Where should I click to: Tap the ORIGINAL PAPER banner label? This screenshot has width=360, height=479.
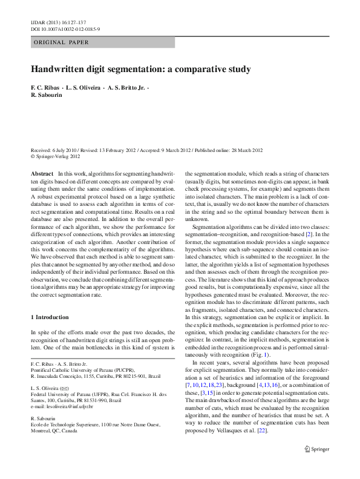tap(61, 42)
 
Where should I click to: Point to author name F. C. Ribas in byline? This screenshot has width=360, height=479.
tap(45, 87)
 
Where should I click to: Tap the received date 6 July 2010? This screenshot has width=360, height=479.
tap(63, 150)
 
